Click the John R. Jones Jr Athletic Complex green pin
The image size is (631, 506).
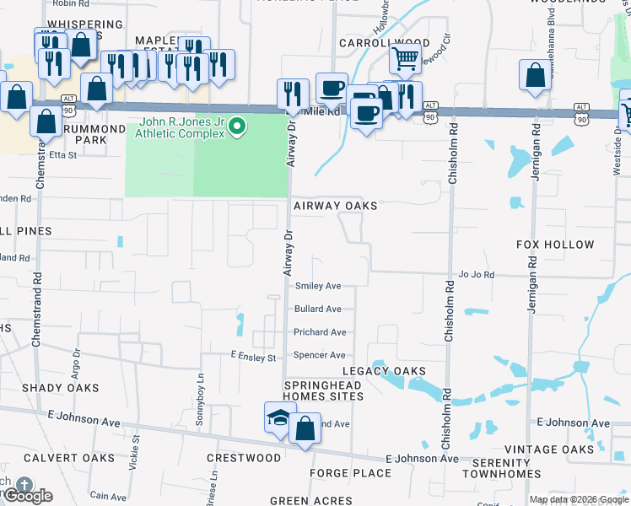click(237, 127)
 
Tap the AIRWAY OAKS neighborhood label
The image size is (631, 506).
click(335, 206)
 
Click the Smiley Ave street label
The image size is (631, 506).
click(317, 287)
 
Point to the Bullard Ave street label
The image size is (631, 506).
click(317, 310)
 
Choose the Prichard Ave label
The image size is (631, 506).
click(320, 332)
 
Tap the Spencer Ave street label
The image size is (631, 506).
click(319, 355)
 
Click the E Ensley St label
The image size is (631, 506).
click(253, 358)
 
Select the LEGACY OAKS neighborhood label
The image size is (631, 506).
click(383, 371)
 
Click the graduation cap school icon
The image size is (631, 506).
click(278, 418)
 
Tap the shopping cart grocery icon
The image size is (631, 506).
click(405, 58)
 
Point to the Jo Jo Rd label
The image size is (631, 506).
click(476, 275)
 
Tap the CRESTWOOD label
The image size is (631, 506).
click(244, 458)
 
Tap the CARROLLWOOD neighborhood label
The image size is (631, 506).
click(384, 42)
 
